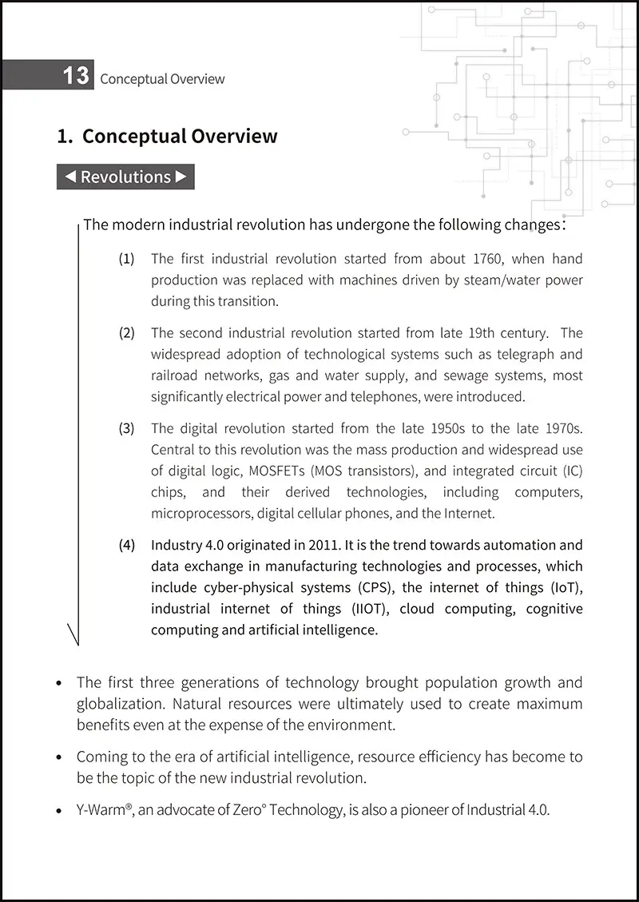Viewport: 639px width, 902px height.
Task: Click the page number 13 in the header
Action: click(x=76, y=76)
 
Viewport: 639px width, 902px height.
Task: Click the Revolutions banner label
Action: click(x=126, y=177)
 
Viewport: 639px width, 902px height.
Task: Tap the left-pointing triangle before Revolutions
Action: click(x=70, y=177)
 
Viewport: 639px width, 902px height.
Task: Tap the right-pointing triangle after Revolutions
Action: click(x=181, y=177)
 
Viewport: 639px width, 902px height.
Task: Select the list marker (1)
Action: click(x=127, y=259)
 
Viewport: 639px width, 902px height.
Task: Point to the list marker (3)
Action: click(x=127, y=428)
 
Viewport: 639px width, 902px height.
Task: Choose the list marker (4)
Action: click(x=127, y=546)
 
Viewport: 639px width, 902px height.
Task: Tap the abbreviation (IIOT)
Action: click(x=372, y=609)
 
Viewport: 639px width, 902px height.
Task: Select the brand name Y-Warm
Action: click(x=101, y=809)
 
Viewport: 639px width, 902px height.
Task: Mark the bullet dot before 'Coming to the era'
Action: click(x=61, y=757)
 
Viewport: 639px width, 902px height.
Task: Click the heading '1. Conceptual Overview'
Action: click(x=168, y=136)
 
